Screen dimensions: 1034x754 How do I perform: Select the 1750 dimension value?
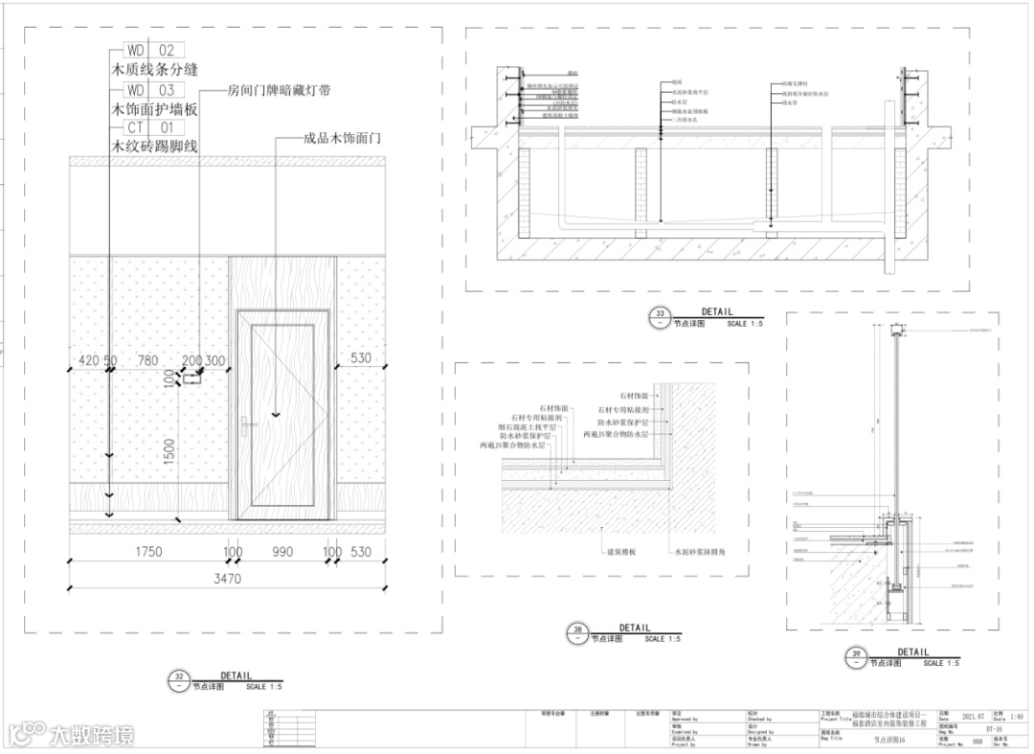[148, 552]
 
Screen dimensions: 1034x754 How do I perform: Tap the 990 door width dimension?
[281, 552]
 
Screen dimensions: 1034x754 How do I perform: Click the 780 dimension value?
[148, 360]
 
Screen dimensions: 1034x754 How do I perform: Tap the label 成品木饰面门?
[342, 138]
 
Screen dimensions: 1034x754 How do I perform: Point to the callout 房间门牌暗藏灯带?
[279, 92]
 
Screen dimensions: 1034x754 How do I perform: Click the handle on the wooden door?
[248, 422]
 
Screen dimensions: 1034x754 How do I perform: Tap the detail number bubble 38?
[577, 631]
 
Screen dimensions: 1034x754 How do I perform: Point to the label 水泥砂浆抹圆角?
[705, 553]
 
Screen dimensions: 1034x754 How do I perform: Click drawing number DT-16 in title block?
[967, 728]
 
